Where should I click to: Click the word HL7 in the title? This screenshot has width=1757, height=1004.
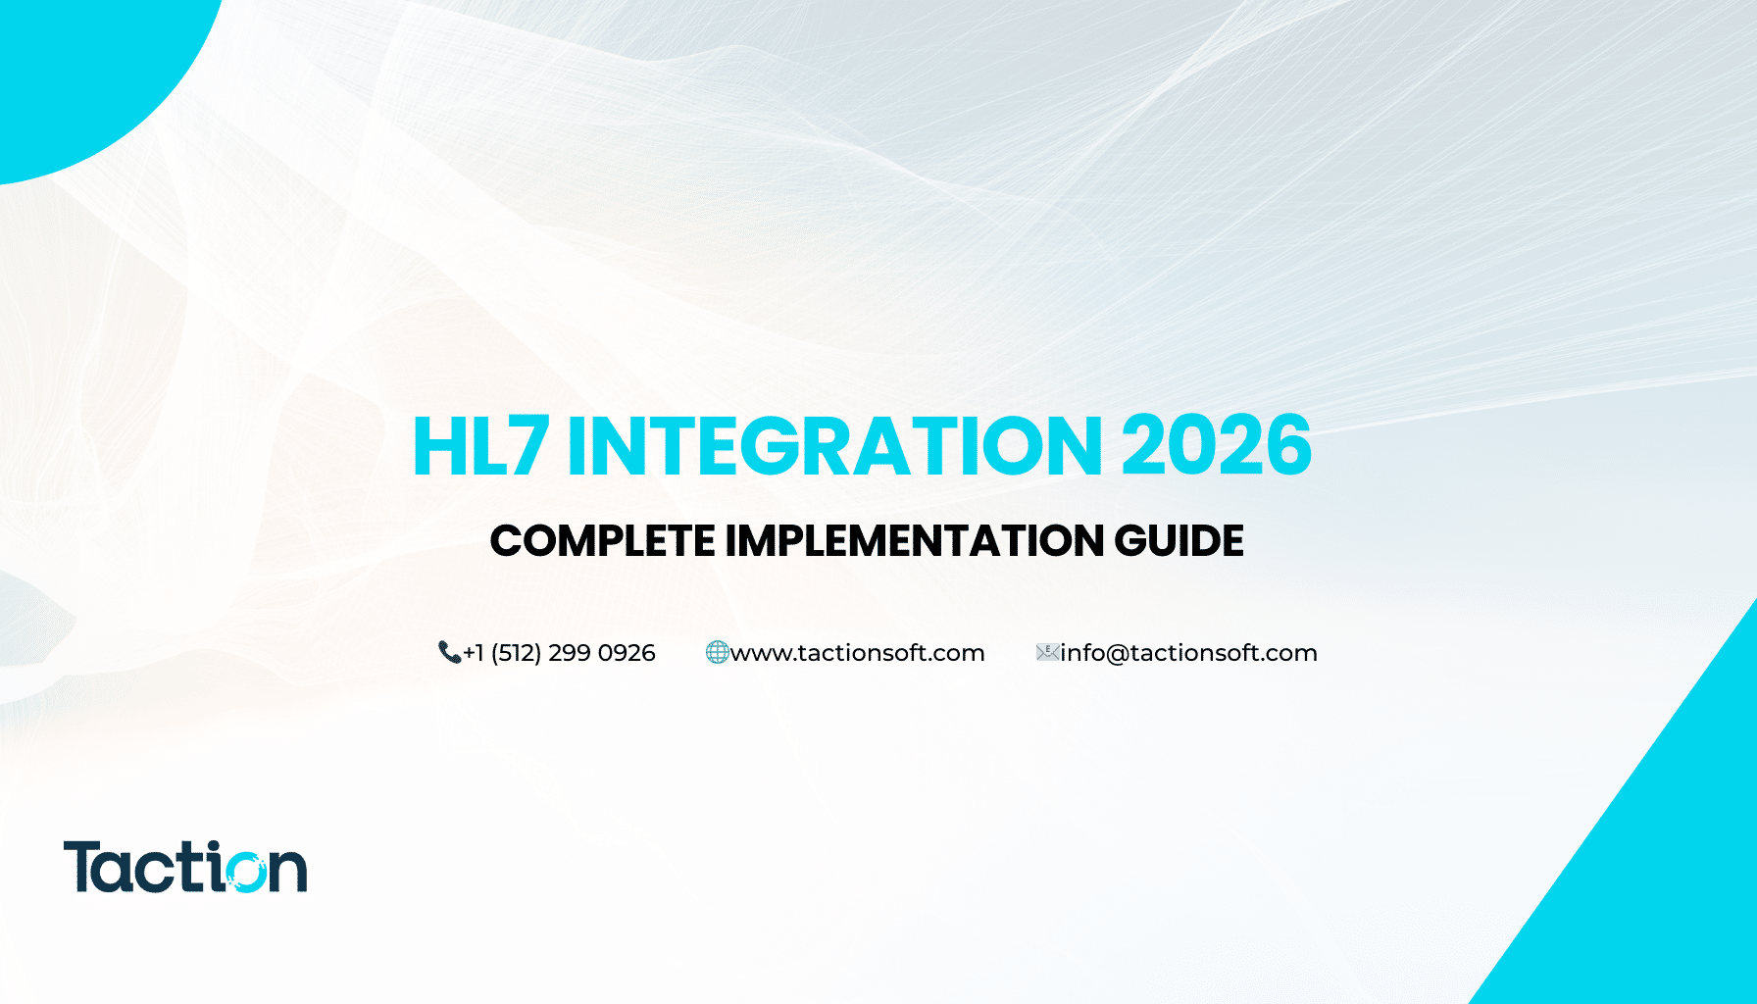click(x=479, y=446)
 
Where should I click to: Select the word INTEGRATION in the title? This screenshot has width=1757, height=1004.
click(x=834, y=446)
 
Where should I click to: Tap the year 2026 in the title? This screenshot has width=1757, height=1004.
click(x=1216, y=446)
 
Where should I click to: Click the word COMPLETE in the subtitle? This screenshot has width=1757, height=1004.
click(x=602, y=541)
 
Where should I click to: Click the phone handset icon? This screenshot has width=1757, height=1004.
click(x=449, y=652)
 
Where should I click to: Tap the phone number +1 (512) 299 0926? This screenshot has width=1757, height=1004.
click(x=559, y=653)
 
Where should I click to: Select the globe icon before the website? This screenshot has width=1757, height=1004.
click(x=717, y=652)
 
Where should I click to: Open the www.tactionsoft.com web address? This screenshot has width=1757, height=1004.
click(x=858, y=653)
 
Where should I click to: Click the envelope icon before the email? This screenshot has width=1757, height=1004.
click(x=1047, y=652)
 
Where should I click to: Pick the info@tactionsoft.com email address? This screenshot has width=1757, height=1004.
click(x=1188, y=653)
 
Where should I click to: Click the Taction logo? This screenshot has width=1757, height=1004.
click(x=185, y=867)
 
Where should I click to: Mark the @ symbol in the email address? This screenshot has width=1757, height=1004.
click(x=1117, y=654)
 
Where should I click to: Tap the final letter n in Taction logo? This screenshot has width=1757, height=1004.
click(x=288, y=871)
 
